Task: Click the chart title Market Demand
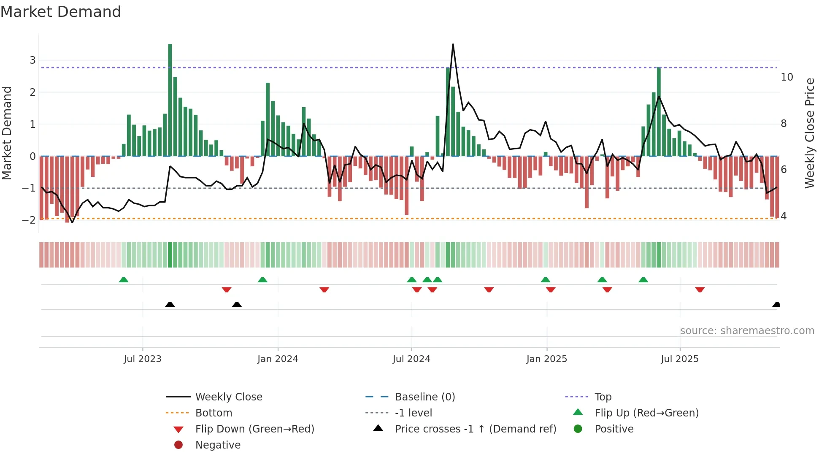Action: coord(61,12)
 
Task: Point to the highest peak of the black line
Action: coord(453,45)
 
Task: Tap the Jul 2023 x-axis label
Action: coord(143,359)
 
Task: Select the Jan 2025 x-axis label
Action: coord(546,359)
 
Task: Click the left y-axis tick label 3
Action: coord(32,60)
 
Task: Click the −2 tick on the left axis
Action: coord(29,220)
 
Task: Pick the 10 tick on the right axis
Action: coord(786,77)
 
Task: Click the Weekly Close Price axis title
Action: coord(809,133)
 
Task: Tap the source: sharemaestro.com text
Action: coord(747,331)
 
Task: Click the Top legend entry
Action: coord(603,397)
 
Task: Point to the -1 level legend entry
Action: coord(413,413)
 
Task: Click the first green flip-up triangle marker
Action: coord(124,280)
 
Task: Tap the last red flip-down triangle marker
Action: coord(700,289)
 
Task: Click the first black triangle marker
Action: coord(170,304)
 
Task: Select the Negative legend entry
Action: coord(218,445)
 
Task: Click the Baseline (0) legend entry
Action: coord(424,397)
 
